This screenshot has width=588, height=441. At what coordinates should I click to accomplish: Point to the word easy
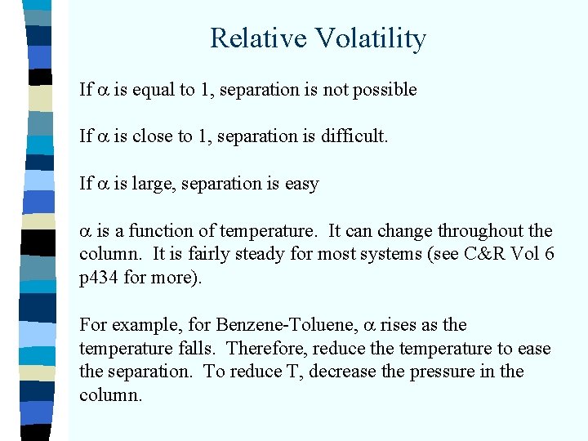[x=301, y=184]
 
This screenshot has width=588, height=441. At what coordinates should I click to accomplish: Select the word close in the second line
[x=152, y=137]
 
